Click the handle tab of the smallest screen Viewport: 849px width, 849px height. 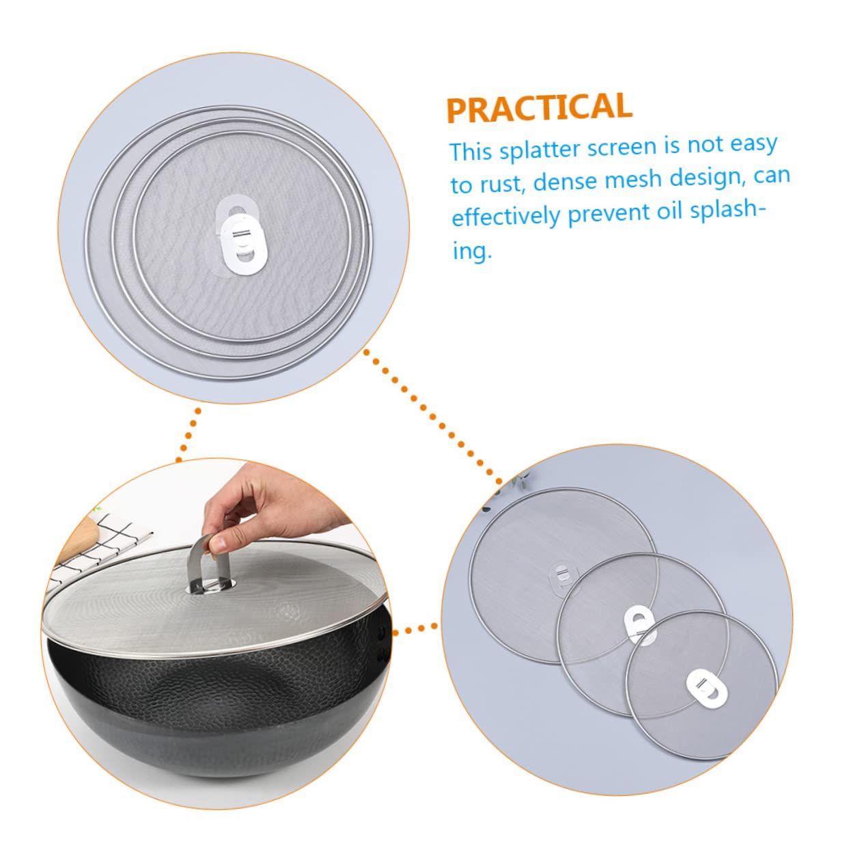tap(704, 685)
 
